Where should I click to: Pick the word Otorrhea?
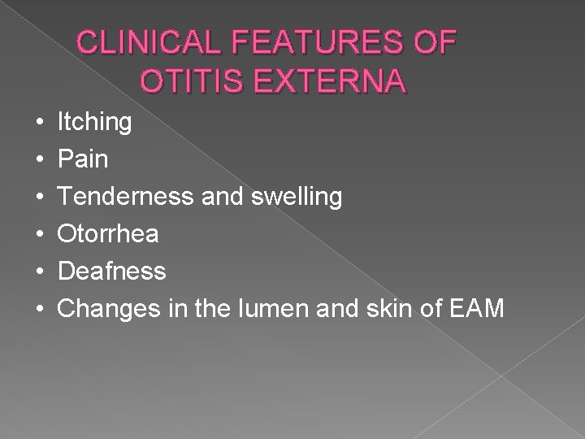107,234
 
